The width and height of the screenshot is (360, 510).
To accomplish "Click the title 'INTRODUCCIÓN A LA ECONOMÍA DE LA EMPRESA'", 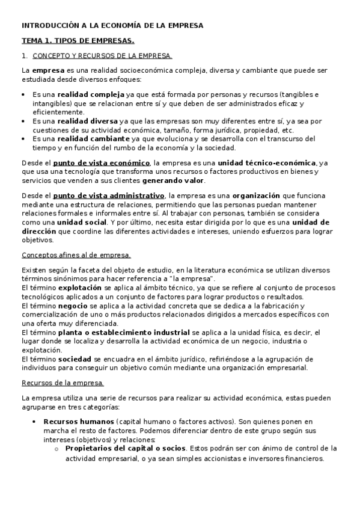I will coord(112,26).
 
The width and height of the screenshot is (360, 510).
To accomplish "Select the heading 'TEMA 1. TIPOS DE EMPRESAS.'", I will coord(78,41).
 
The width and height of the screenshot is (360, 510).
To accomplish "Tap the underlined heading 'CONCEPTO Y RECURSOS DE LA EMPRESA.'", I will coord(102,56).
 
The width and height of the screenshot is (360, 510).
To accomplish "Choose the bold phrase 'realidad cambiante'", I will coord(93,138).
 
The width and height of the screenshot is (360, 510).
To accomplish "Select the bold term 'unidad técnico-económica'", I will coord(266,162).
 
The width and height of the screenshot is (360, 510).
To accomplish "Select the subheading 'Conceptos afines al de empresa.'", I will coord(76,255).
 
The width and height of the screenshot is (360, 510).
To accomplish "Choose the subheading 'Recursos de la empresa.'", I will coord(63,383).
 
